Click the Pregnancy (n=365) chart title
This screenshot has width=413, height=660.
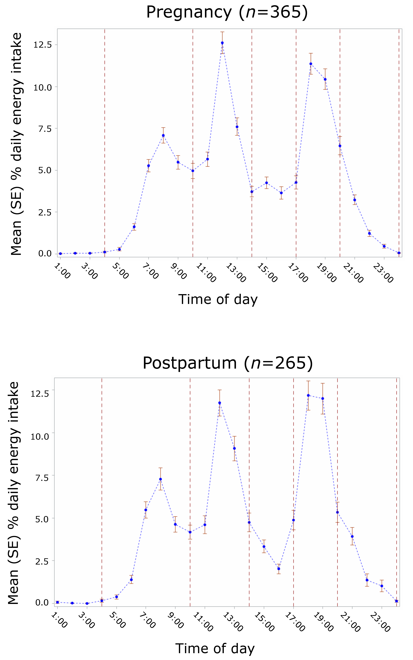point(227,12)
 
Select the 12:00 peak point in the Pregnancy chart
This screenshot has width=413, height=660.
point(222,43)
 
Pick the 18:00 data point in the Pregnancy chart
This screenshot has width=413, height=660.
point(311,64)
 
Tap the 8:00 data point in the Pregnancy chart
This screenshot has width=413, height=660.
point(163,136)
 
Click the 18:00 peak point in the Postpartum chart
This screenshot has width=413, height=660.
point(308,395)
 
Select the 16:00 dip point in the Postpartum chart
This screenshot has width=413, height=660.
point(279,569)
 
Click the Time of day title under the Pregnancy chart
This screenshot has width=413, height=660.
point(218,299)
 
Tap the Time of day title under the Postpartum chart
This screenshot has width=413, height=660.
point(215,649)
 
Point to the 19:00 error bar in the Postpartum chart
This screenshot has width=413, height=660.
point(323,398)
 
